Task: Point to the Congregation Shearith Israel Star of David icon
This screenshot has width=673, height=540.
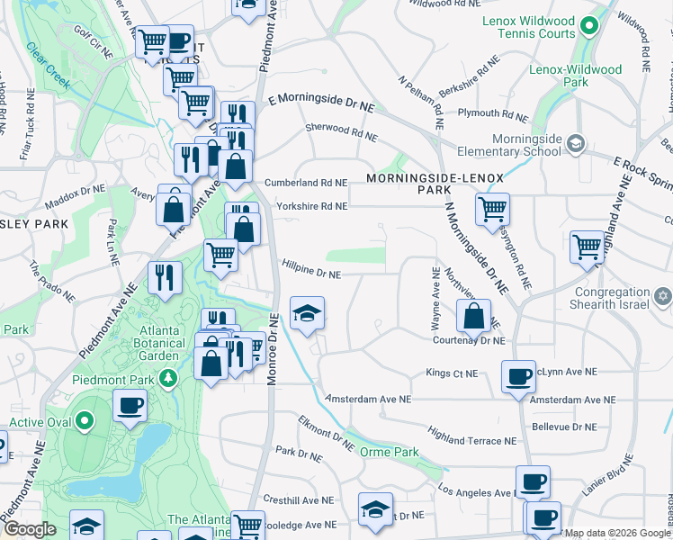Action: coord(662,295)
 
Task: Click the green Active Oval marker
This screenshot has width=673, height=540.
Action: coord(84,420)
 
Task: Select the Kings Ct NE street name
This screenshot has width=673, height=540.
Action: coord(452,373)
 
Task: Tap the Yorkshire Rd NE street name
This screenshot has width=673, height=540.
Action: coord(311,206)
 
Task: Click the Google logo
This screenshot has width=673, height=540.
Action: coord(29,529)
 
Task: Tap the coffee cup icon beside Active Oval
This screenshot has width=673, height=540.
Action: coord(130,406)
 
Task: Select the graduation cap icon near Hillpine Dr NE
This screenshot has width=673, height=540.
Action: coord(308,314)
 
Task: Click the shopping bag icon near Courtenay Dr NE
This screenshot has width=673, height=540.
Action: coord(472,317)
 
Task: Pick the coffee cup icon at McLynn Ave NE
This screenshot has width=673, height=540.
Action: coord(517,377)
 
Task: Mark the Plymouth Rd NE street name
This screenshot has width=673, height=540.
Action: coord(492,114)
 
